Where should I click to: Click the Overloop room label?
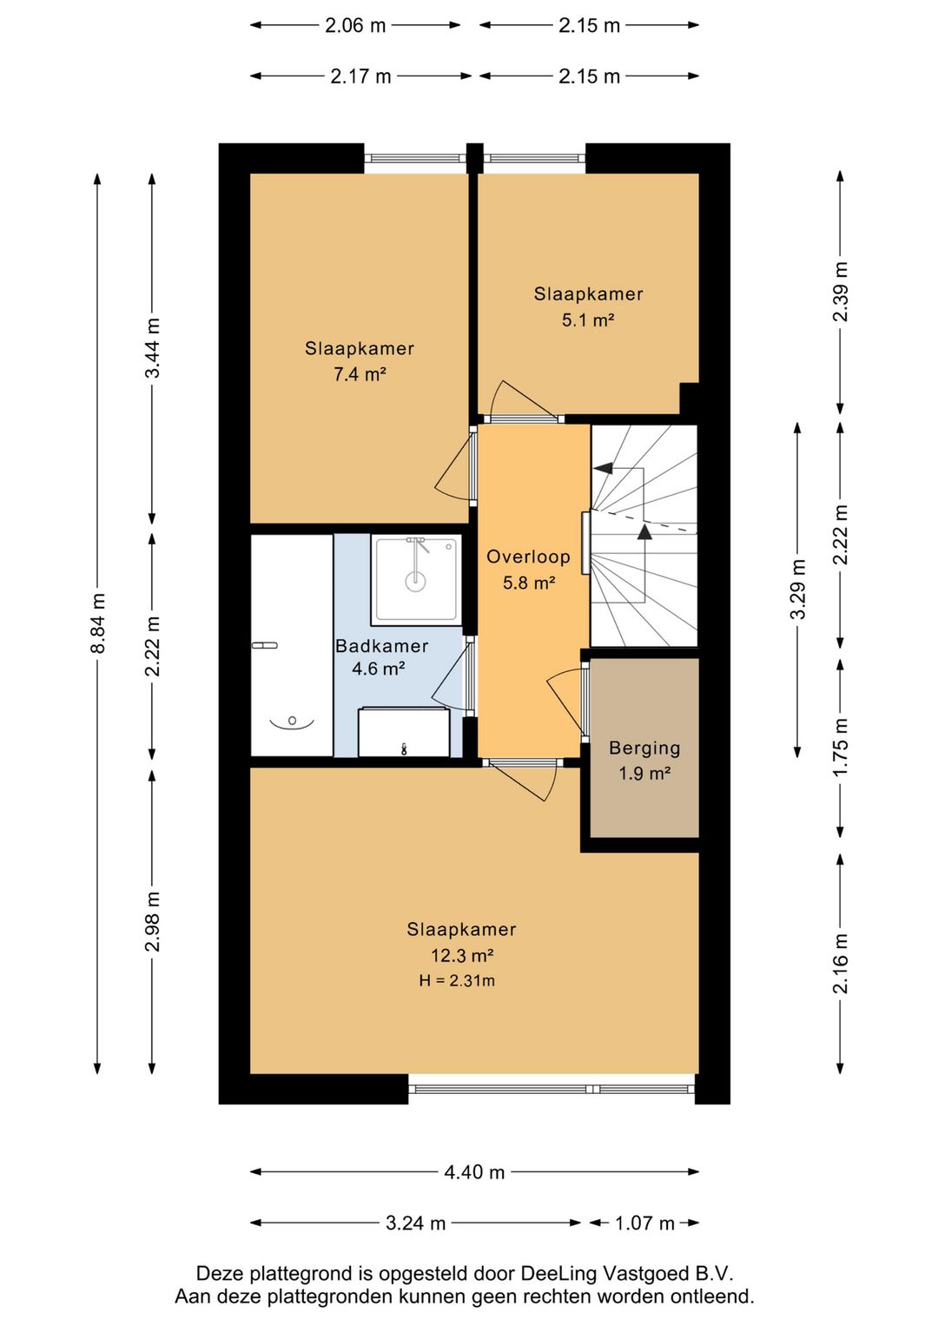tap(528, 557)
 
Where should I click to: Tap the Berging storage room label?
tap(644, 748)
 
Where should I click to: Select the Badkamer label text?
tap(381, 646)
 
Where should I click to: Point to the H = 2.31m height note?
tap(457, 981)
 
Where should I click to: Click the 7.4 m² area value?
tap(360, 374)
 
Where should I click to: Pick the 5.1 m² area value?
tap(588, 320)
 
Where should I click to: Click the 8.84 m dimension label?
tap(97, 623)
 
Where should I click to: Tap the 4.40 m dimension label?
tap(474, 1172)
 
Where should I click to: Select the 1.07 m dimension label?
tap(645, 1223)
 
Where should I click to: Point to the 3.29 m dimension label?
tap(798, 589)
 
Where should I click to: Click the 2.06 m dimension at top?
tap(355, 25)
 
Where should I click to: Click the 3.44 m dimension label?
tap(153, 348)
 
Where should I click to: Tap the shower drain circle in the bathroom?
tap(415, 581)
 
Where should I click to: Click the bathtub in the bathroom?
tap(292, 645)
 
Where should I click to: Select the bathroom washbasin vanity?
tap(404, 732)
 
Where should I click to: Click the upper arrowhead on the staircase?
tap(603, 469)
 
